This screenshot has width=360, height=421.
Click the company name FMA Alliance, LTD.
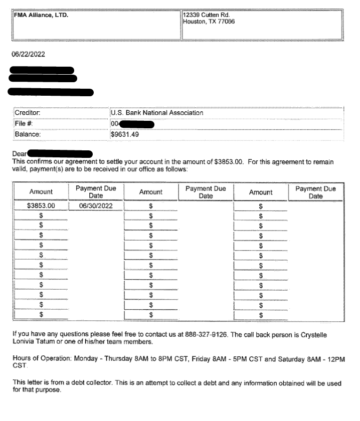[x=41, y=15]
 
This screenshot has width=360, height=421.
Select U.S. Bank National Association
[x=157, y=113]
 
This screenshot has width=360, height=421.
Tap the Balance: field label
[x=28, y=134]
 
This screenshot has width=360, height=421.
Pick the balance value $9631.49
[x=125, y=134]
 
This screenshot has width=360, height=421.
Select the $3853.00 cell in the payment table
[x=41, y=205]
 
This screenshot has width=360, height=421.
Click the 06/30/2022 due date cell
[x=95, y=205]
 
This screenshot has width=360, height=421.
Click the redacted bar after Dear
[x=60, y=153]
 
